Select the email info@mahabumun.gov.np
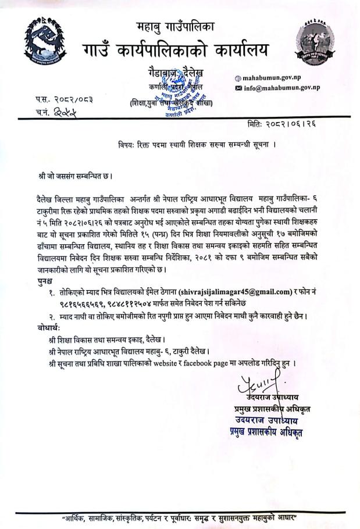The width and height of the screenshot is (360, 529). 281,88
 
